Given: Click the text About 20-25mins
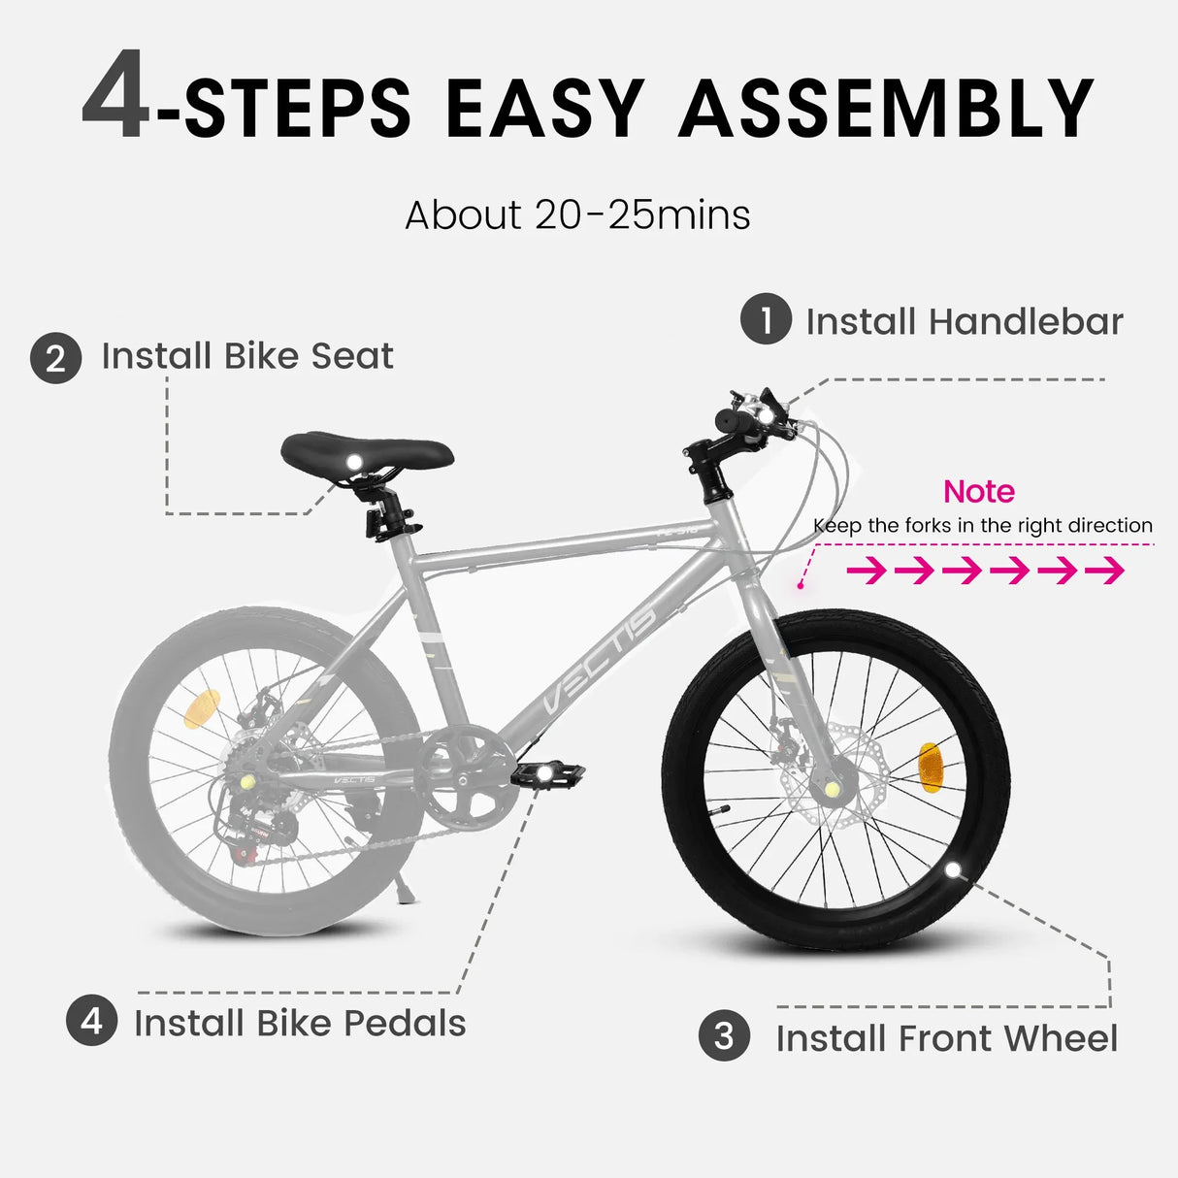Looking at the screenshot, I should pyautogui.click(x=577, y=215).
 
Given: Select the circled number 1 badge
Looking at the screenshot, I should pyautogui.click(x=766, y=319).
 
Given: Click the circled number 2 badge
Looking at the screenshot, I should pyautogui.click(x=55, y=358).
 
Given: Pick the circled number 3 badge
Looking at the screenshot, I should pyautogui.click(x=724, y=1035).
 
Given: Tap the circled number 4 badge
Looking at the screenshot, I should pyautogui.click(x=91, y=1021).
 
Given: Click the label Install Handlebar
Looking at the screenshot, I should pyautogui.click(x=965, y=322).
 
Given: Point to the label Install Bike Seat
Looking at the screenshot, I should pyautogui.click(x=247, y=356).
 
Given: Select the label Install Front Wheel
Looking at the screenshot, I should pyautogui.click(x=946, y=1038).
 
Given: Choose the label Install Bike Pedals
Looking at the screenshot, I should pyautogui.click(x=300, y=1023).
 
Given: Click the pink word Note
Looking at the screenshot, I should pyautogui.click(x=978, y=491).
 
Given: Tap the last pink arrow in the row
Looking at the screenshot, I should pyautogui.click(x=1104, y=571).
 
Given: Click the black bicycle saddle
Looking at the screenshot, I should pyautogui.click(x=367, y=452).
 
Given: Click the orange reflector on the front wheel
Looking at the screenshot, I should pyautogui.click(x=929, y=764).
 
